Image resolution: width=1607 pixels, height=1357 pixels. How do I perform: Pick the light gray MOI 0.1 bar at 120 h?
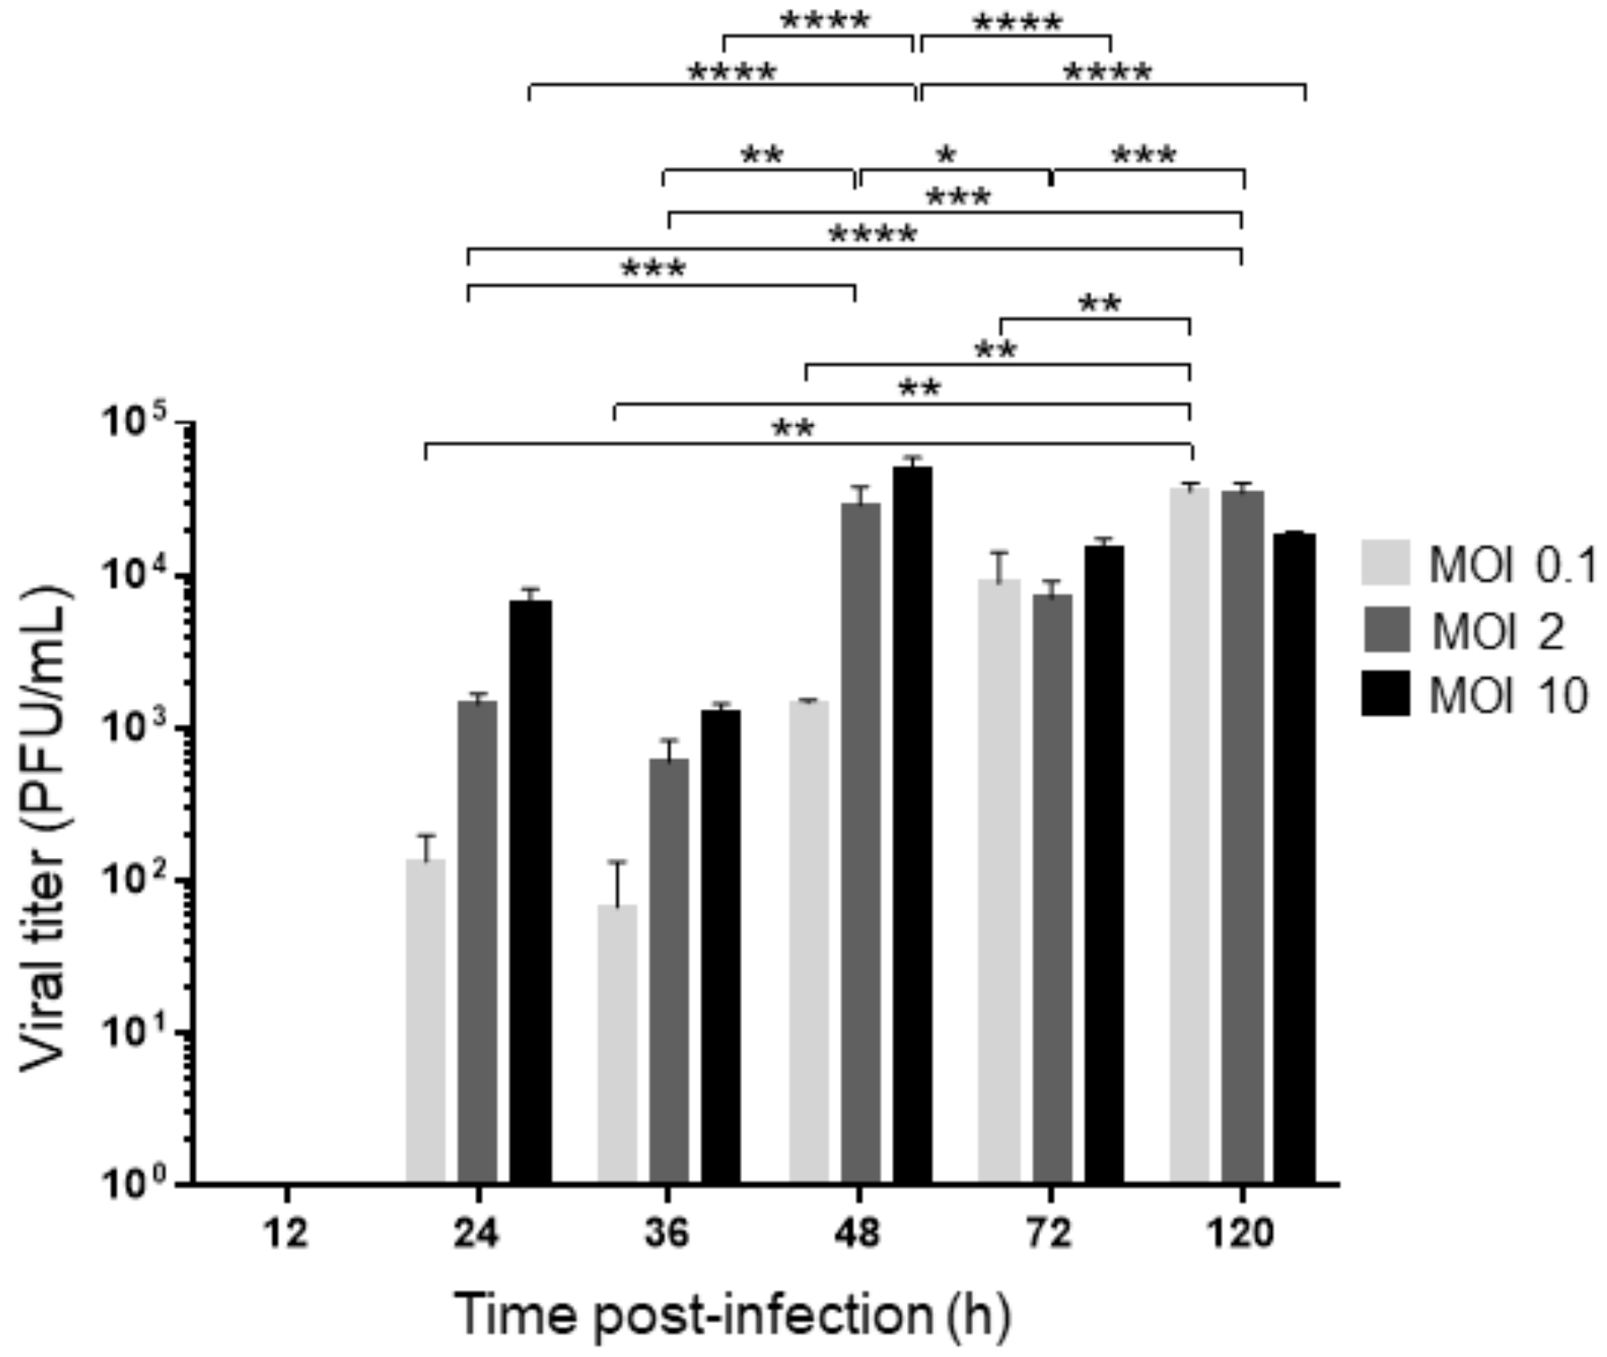click(x=1190, y=835)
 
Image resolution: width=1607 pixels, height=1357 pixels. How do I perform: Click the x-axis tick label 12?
click(x=286, y=1234)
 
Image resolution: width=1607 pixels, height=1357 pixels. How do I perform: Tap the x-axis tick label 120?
click(x=1240, y=1234)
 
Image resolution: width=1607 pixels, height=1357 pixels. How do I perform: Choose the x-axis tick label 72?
click(x=1049, y=1234)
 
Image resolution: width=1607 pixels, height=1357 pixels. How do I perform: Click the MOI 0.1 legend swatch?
click(x=1385, y=562)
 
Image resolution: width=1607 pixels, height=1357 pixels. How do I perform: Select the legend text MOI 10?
click(x=1509, y=695)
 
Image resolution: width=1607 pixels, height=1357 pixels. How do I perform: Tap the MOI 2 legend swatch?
click(x=1385, y=629)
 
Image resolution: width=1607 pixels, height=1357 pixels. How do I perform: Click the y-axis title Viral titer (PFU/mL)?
click(x=45, y=830)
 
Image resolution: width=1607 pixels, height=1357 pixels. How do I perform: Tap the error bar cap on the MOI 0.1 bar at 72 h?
click(x=998, y=553)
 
